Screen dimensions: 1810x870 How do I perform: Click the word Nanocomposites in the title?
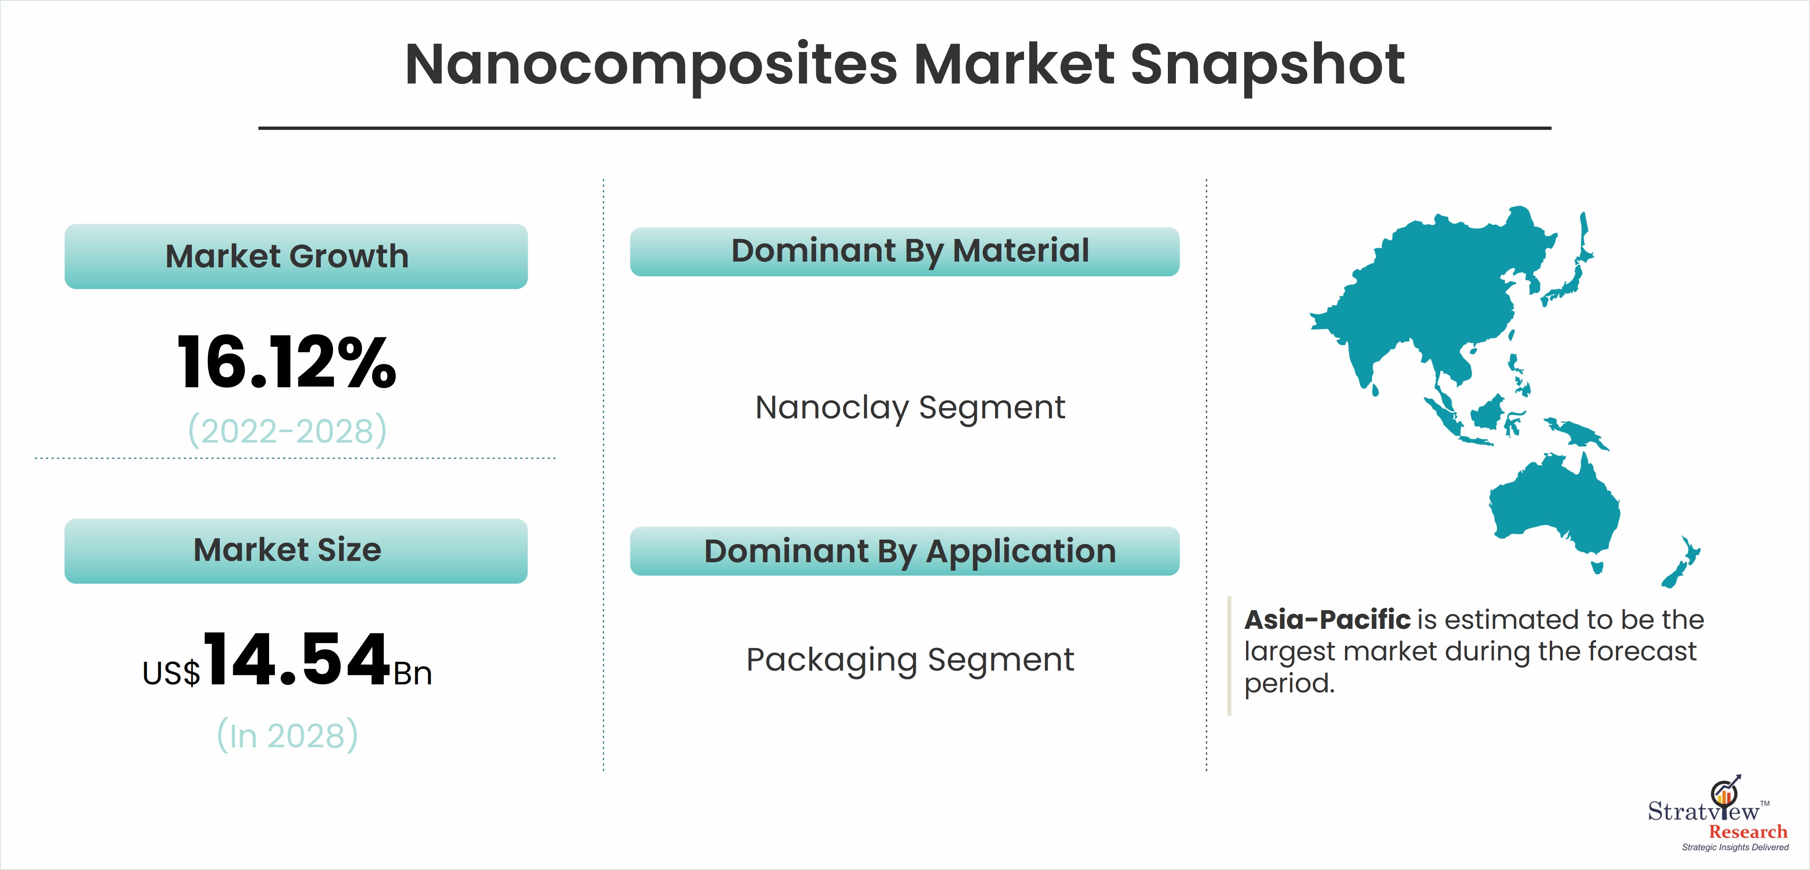tap(651, 65)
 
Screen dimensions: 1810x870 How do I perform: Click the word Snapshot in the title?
tap(1267, 65)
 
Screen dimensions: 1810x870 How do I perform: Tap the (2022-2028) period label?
tap(287, 430)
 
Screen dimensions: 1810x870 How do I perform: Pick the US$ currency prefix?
tap(171, 673)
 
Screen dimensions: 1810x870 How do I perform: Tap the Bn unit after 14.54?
tap(413, 674)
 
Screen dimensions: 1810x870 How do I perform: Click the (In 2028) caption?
tap(287, 735)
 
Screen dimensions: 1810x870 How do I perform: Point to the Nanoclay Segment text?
tap(910, 408)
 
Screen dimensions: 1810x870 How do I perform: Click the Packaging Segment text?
tap(910, 660)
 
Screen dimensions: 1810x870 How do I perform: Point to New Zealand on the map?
tap(1681, 562)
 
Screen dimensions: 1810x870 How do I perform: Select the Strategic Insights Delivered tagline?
tap(1735, 847)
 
